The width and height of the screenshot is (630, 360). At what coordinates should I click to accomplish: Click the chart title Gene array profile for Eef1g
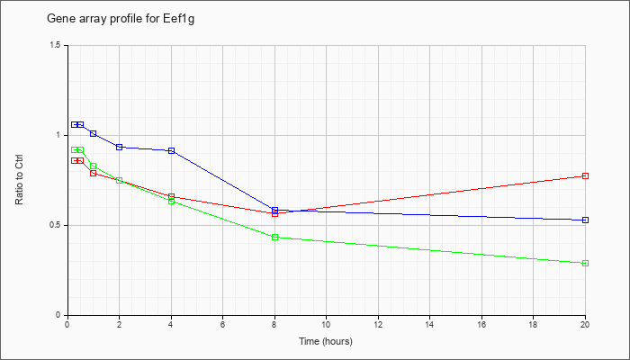[121, 19]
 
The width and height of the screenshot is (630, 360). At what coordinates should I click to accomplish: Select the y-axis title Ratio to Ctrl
[19, 179]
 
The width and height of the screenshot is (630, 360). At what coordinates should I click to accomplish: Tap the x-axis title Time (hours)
[326, 341]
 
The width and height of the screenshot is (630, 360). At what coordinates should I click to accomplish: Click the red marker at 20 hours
[585, 176]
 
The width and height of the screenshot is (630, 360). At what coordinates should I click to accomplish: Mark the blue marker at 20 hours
[585, 220]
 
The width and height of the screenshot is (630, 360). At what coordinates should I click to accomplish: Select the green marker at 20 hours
[585, 263]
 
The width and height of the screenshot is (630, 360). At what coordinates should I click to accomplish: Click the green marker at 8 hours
[274, 237]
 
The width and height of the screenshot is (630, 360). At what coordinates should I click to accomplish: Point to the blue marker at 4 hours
[172, 150]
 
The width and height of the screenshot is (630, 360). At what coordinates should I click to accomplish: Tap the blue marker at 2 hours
[120, 147]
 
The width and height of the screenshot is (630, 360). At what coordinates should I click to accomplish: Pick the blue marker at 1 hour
[94, 133]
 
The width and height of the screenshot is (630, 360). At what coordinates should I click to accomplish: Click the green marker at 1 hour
[94, 166]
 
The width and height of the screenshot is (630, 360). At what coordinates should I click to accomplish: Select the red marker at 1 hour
[94, 173]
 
